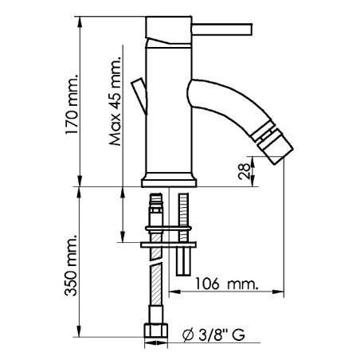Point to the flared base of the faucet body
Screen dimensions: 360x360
coord(169,178)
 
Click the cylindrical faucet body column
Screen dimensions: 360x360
coord(168,112)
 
